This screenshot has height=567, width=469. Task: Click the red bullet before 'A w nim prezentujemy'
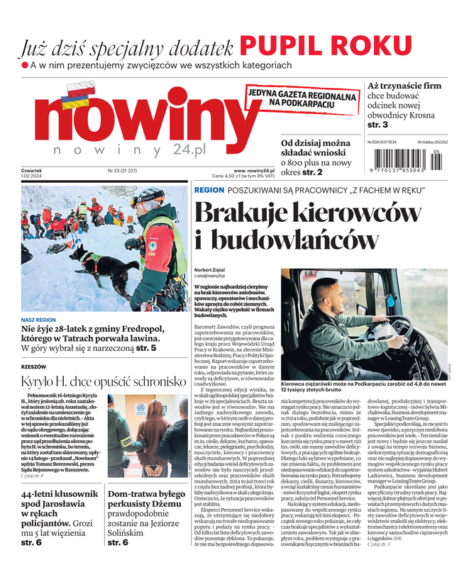24,65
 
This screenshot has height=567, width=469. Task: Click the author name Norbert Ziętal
211,271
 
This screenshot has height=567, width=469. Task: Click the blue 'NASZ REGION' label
38,320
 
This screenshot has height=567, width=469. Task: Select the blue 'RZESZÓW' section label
33,366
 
